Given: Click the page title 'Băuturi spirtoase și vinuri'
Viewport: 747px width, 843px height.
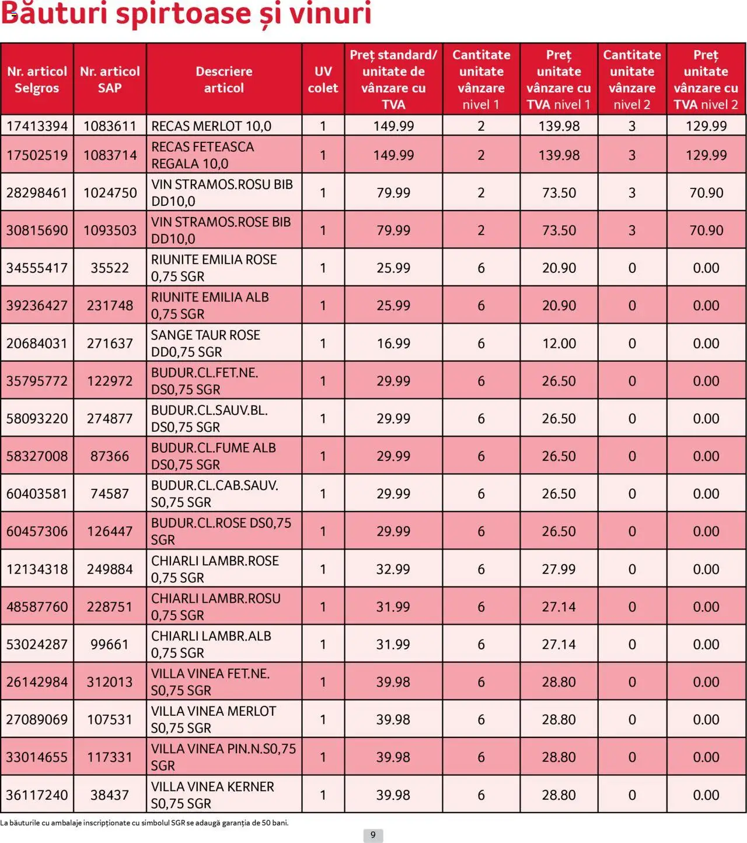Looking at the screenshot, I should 186,14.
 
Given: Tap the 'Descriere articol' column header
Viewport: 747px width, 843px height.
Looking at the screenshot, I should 224,79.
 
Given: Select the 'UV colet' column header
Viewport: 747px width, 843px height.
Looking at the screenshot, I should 323,79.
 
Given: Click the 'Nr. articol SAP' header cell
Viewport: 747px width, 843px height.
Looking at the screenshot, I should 110,79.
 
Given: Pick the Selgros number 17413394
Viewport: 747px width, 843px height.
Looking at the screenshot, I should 37,126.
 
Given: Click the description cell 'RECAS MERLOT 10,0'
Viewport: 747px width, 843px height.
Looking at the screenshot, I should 211,126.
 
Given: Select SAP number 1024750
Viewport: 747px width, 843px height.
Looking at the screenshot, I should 110,193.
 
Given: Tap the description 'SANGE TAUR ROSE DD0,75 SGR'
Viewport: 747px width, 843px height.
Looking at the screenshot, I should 205,343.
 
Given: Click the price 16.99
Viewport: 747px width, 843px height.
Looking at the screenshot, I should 393,343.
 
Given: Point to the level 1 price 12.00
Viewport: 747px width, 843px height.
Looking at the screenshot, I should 558,343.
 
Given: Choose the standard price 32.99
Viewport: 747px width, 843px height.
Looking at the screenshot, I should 393,569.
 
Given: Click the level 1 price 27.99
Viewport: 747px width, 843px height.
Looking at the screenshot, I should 558,569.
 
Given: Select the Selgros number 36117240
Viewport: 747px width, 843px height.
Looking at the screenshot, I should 37,795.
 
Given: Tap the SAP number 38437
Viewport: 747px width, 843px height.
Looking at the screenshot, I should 110,795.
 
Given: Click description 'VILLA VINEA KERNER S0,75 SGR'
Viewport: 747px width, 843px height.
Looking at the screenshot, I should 212,795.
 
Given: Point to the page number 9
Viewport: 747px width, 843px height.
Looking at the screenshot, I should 373,835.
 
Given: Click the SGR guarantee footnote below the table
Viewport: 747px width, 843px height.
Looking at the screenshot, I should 144,823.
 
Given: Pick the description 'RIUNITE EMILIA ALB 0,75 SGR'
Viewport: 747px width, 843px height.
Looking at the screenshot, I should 210,305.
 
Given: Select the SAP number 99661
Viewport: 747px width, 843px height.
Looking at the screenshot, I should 110,644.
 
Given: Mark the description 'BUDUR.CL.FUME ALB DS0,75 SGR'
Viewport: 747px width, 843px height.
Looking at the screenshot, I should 213,456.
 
